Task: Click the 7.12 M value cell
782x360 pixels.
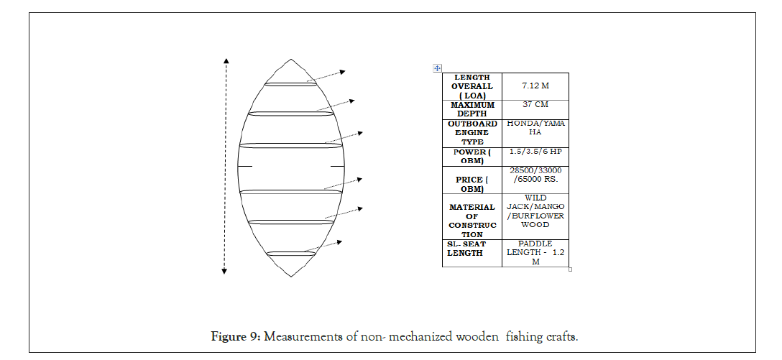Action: (x=535, y=86)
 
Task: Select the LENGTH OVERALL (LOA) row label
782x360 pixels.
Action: (x=471, y=86)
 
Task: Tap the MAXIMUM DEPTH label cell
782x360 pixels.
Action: (x=471, y=109)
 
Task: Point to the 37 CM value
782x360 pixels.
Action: (x=535, y=105)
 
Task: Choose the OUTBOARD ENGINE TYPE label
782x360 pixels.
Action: (x=471, y=133)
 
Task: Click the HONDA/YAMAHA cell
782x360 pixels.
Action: (x=535, y=128)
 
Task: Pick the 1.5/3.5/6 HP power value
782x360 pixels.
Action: (x=535, y=152)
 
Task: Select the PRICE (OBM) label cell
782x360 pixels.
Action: (x=471, y=184)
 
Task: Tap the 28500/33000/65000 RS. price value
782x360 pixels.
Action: (x=535, y=175)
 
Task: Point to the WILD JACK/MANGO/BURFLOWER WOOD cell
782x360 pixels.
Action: (x=535, y=211)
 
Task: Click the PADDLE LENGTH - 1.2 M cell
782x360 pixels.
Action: (x=535, y=253)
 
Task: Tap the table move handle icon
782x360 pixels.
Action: (x=437, y=68)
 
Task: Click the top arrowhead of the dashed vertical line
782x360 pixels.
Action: (x=226, y=61)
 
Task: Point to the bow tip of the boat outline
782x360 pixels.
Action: (x=290, y=60)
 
